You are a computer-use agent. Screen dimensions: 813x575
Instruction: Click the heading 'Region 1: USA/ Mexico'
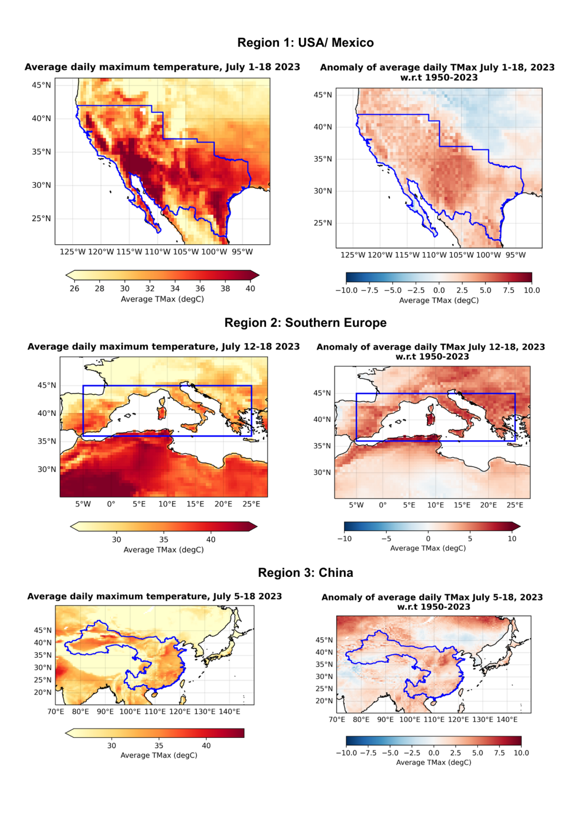coord(305,43)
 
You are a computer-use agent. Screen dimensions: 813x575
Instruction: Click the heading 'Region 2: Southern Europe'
coord(305,323)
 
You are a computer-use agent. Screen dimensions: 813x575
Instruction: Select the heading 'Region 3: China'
coord(305,573)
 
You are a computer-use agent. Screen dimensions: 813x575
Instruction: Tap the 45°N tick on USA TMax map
coord(42,85)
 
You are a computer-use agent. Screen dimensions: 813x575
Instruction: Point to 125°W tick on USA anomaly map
coord(353,255)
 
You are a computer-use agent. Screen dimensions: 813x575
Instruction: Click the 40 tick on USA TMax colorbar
coord(250,288)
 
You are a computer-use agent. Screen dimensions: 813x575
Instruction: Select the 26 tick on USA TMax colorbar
coord(74,288)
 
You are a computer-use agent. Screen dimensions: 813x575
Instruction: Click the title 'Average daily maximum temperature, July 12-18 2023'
coord(163,346)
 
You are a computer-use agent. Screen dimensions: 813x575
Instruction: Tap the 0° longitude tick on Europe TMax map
coord(111,504)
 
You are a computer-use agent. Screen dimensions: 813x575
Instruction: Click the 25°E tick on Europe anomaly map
coord(515,505)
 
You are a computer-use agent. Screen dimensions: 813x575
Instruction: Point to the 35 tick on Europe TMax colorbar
coord(163,539)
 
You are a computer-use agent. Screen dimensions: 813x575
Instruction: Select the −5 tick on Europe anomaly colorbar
coord(386,538)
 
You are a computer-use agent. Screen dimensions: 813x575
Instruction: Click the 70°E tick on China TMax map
coord(56,712)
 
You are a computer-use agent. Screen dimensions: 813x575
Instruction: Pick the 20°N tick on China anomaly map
coord(324,701)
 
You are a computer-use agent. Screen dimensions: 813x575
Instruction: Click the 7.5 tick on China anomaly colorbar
coord(499,753)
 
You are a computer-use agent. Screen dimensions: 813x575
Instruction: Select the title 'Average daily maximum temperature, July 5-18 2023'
coord(154,596)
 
